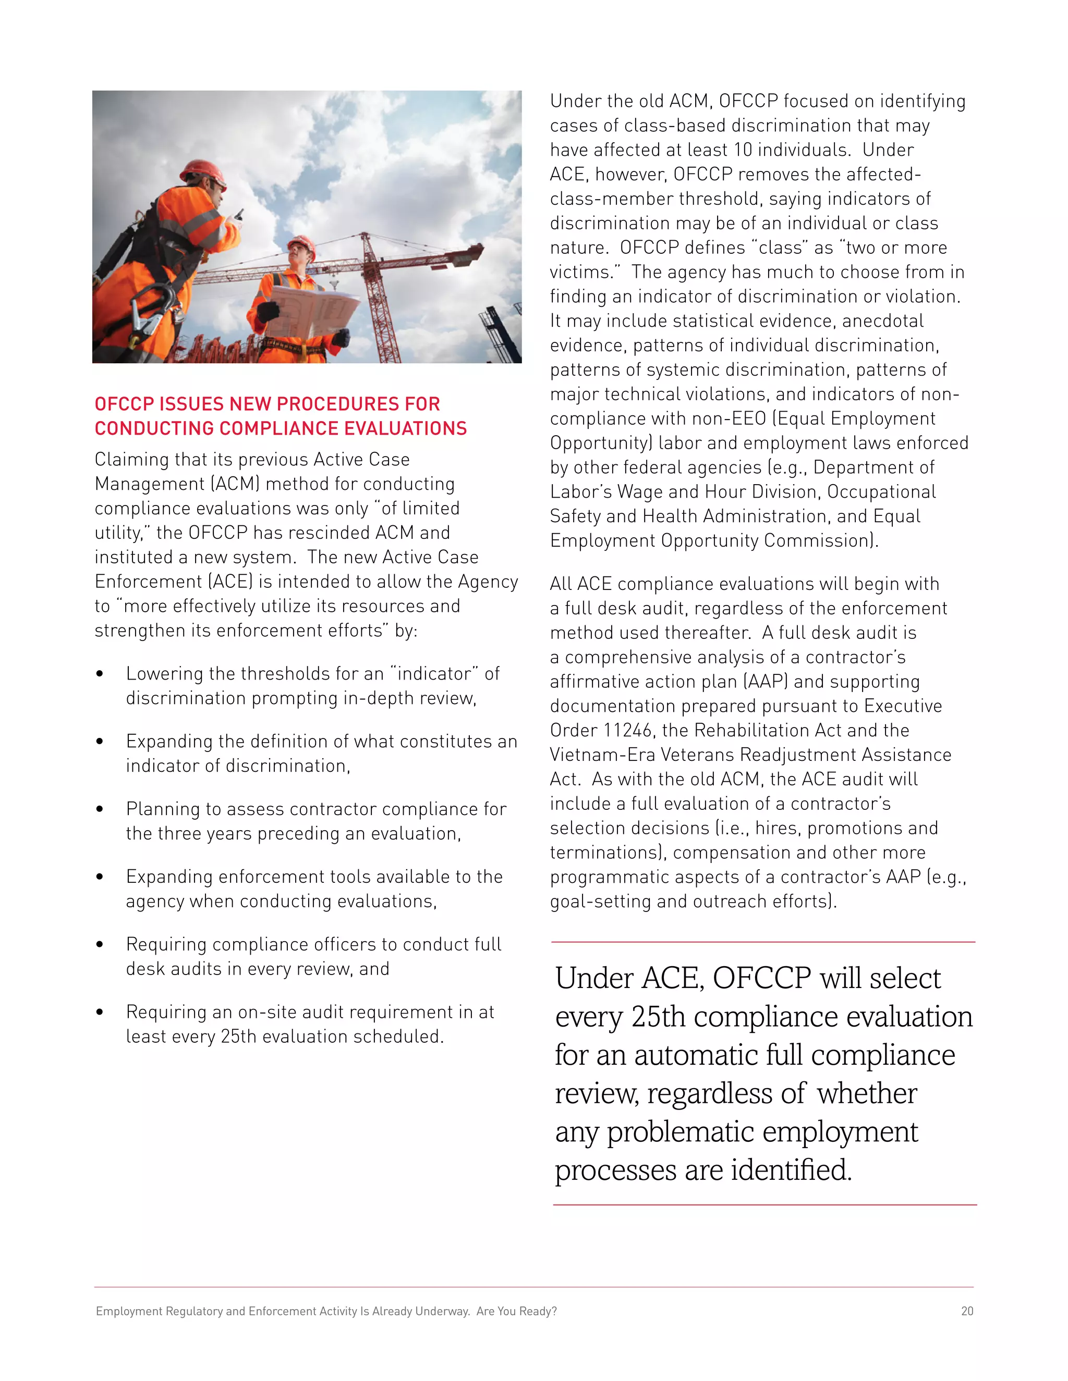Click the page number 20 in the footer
967,1311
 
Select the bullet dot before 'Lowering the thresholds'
100,674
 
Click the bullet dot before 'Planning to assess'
100,809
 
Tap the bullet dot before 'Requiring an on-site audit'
100,1013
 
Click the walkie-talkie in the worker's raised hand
239,214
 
